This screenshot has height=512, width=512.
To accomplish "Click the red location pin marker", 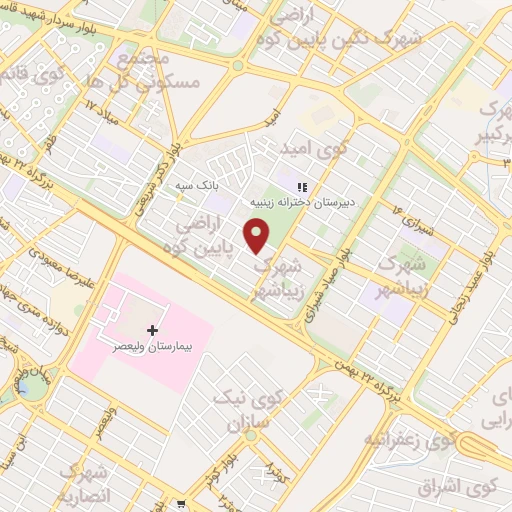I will click(258, 236).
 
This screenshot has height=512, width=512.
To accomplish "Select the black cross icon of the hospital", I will click(152, 330).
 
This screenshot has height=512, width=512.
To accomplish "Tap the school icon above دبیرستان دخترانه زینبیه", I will click(301, 186).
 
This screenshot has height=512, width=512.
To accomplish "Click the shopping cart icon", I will click(181, 503).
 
